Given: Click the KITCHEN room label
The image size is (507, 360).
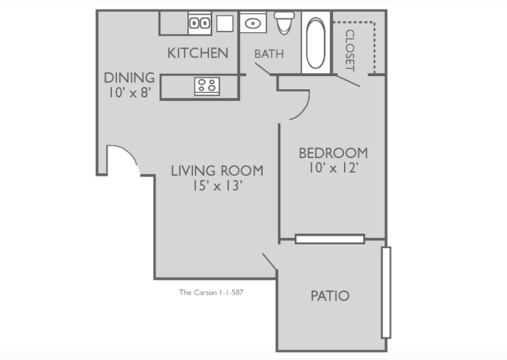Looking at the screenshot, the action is click(198, 53).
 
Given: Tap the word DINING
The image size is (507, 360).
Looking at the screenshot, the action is click(129, 78).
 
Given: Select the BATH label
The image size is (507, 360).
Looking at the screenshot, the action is click(269, 54).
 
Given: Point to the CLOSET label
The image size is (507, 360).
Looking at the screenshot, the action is click(350, 50).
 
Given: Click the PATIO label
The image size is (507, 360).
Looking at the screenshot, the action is click(330, 296).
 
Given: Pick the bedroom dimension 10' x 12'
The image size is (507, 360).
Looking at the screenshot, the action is click(334, 168).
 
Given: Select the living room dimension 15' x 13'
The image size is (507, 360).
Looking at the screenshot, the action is click(217, 186).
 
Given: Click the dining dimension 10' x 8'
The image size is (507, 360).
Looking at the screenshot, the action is click(129, 92).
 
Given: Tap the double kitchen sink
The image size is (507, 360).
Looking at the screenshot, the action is click(200, 23).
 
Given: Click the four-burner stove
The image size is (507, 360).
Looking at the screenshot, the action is click(207, 86).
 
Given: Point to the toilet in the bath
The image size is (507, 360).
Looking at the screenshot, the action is click(284, 23).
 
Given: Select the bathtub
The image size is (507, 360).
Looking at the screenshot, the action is click(315, 43).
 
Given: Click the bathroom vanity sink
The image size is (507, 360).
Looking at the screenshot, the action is click(253, 23).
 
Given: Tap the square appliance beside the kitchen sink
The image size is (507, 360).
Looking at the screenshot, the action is click(225, 23).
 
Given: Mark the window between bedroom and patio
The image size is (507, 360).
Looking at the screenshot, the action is click(330, 239).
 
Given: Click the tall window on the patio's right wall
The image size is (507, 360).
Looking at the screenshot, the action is click(386, 293).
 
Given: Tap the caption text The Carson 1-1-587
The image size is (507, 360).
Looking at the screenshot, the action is click(211, 293).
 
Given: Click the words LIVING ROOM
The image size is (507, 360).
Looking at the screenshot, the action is click(217, 170).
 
